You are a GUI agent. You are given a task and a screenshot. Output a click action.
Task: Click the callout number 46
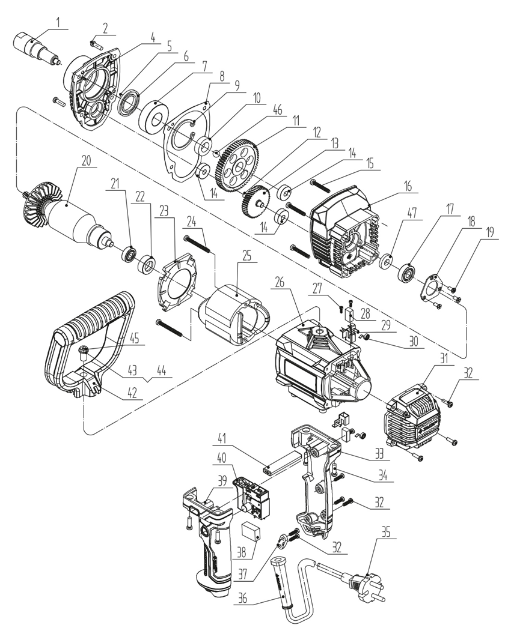[x=278, y=110]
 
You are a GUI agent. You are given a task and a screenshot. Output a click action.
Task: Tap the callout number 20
[x=86, y=160]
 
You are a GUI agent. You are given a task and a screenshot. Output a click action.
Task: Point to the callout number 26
[x=280, y=282]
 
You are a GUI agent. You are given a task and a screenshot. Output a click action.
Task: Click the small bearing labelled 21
[x=130, y=253]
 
